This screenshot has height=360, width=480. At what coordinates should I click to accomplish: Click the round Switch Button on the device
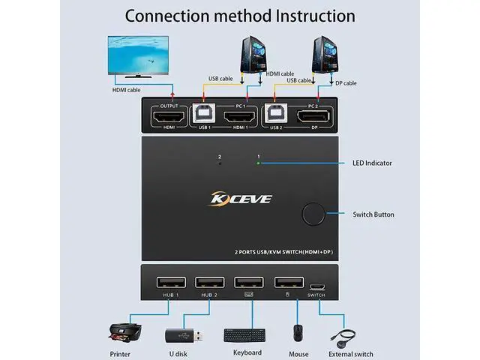pos(313,214)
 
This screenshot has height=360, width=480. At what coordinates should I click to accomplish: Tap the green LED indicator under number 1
pos(258,163)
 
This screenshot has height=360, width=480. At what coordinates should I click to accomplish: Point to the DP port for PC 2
pos(314,117)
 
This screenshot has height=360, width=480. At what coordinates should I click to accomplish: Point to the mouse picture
pos(298,332)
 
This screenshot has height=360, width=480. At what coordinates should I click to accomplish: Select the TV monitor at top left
pos(141,57)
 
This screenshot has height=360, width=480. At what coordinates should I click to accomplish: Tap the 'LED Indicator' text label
pos(372,163)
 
